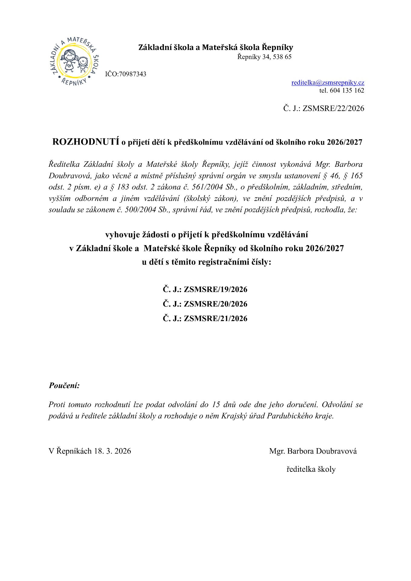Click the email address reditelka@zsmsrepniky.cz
pyautogui.click(x=328, y=83)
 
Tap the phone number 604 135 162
pyautogui.click(x=346, y=90)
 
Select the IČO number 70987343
pyautogui.click(x=133, y=74)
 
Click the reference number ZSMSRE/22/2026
pyautogui.click(x=333, y=108)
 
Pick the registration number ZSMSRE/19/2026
pyautogui.click(x=215, y=290)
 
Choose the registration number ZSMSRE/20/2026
pyautogui.click(x=215, y=304)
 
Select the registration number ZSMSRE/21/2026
pyautogui.click(x=215, y=319)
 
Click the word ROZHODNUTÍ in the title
pyautogui.click(x=86, y=142)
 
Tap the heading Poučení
pyautogui.click(x=64, y=386)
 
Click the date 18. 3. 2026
pyautogui.click(x=112, y=451)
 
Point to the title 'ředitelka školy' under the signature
pyautogui.click(x=311, y=469)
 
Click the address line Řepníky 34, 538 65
pyautogui.click(x=264, y=57)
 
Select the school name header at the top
pyautogui.click(x=216, y=48)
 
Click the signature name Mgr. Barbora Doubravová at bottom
pyautogui.click(x=313, y=451)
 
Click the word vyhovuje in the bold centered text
pyautogui.click(x=122, y=235)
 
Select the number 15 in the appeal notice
pyautogui.click(x=216, y=405)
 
